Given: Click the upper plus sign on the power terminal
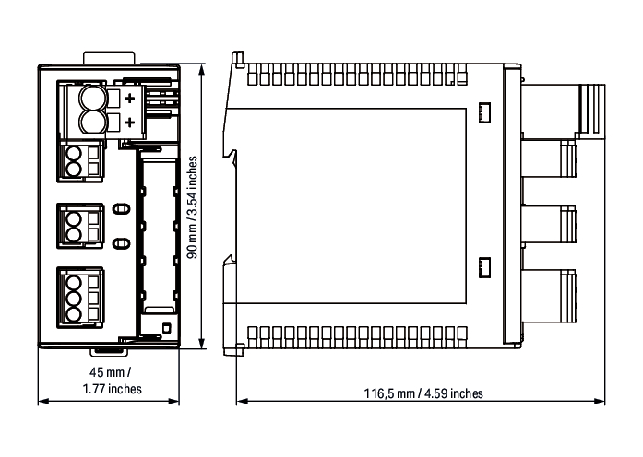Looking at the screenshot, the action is pyautogui.click(x=130, y=98).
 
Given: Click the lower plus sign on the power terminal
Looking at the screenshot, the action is pyautogui.click(x=130, y=122).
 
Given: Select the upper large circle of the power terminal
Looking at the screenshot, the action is pyautogui.click(x=93, y=98).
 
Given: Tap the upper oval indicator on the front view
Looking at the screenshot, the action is pyautogui.click(x=121, y=209).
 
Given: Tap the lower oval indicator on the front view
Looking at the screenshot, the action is pyautogui.click(x=121, y=243).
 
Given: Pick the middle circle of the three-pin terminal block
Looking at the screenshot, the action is pyautogui.click(x=74, y=299).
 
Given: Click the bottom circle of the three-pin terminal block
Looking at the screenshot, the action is pyautogui.click(x=74, y=314).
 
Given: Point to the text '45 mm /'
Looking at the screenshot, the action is pyautogui.click(x=111, y=372).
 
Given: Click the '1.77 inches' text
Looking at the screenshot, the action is pyautogui.click(x=113, y=389).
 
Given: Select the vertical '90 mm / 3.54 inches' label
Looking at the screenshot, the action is pyautogui.click(x=192, y=207).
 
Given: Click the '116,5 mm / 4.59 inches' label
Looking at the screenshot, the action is pyautogui.click(x=423, y=393).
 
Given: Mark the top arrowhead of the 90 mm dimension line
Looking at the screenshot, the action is pyautogui.click(x=201, y=70).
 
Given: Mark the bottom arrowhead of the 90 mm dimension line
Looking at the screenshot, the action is pyautogui.click(x=201, y=343).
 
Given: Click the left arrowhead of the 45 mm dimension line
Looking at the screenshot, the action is pyautogui.click(x=43, y=402).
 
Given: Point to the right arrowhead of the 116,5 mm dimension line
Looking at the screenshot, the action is pyautogui.click(x=599, y=402).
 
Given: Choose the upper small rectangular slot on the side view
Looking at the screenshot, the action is pyautogui.click(x=484, y=112).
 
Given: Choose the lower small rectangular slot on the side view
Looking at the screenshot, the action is pyautogui.click(x=484, y=268).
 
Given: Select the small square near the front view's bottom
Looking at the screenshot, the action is pyautogui.click(x=166, y=328).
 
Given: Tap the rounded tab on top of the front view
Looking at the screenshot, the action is pyautogui.click(x=109, y=57).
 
